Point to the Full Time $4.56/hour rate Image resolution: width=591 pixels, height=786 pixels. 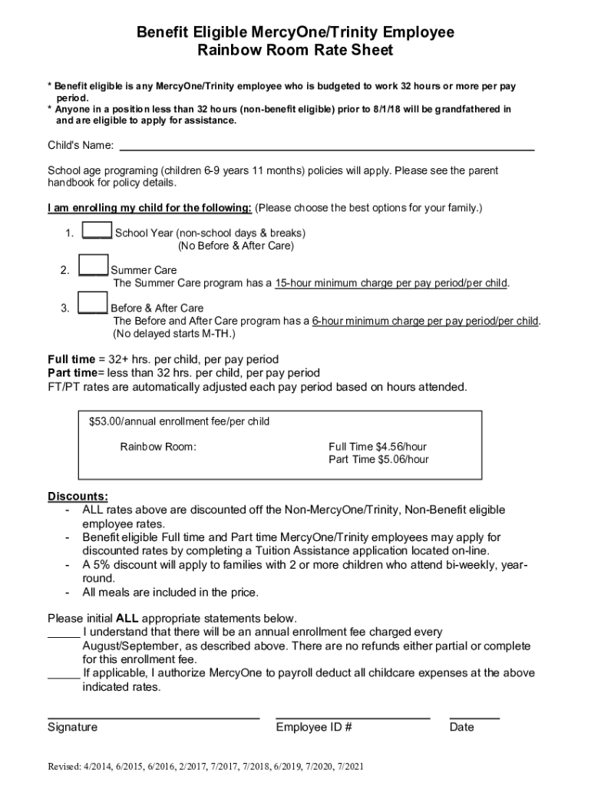pyautogui.click(x=378, y=446)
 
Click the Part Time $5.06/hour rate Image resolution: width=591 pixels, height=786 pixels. pyautogui.click(x=378, y=460)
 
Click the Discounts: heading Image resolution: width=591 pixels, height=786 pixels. pyautogui.click(x=78, y=496)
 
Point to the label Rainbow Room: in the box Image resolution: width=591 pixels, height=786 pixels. pyautogui.click(x=158, y=446)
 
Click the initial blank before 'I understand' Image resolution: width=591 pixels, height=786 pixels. pyautogui.click(x=64, y=633)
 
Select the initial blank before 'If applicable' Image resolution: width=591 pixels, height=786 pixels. pyautogui.click(x=64, y=674)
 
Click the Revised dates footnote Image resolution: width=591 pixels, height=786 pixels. pyautogui.click(x=206, y=767)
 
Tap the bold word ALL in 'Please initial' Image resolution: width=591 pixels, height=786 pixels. pyautogui.click(x=127, y=619)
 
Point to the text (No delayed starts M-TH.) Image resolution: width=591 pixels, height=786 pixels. pyautogui.click(x=174, y=334)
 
